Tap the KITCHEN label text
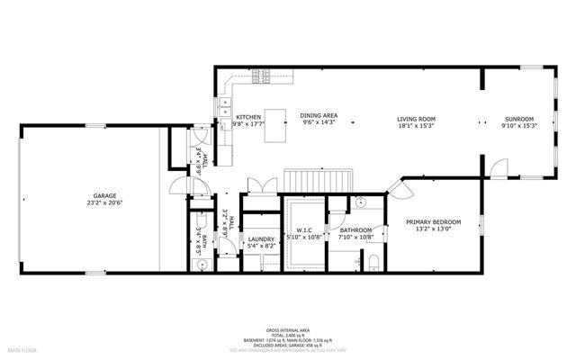point(248,117)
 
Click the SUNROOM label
point(519,118)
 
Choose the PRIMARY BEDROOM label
point(434,221)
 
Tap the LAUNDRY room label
point(261,238)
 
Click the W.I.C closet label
point(303,230)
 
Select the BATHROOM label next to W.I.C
point(355,230)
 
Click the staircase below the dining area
point(304,179)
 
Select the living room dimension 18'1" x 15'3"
point(418,126)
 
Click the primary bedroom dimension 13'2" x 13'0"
point(434,229)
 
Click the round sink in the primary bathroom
point(357,202)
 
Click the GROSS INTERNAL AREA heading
point(289,329)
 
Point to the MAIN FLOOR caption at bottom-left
point(22,349)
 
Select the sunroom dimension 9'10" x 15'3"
point(519,126)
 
